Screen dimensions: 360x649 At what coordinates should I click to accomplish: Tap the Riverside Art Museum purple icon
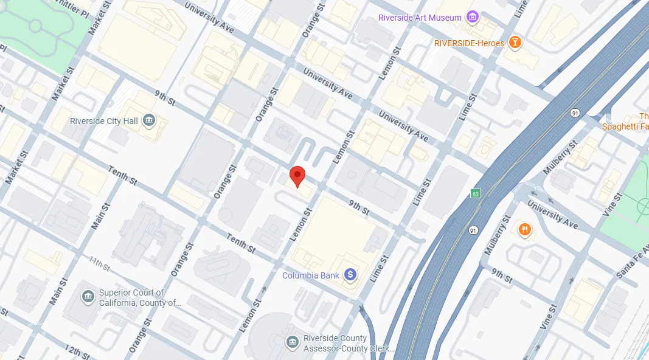472,18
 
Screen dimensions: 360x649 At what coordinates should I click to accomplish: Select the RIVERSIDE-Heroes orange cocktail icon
515,43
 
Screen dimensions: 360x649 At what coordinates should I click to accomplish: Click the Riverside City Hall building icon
148,121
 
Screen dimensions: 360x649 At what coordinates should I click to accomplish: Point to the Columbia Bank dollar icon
350,275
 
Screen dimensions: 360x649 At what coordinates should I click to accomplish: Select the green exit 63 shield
476,194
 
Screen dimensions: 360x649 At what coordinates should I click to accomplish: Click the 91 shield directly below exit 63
473,230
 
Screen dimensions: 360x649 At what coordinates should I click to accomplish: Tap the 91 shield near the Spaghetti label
575,113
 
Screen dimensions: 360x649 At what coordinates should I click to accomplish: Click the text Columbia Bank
311,275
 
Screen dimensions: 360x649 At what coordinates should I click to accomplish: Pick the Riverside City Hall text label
104,121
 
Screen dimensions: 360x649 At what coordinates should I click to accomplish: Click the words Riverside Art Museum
420,18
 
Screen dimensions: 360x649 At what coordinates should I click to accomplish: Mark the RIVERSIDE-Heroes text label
469,43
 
